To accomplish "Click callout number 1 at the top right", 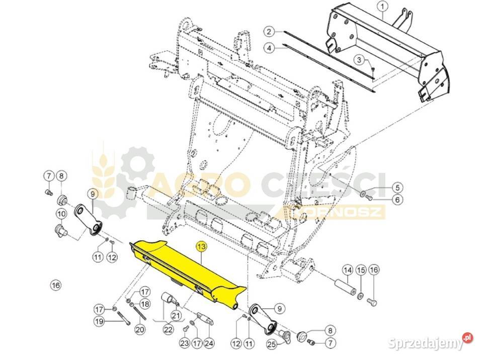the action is (x=382, y=6).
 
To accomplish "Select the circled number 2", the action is (x=269, y=31).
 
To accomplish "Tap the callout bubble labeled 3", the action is (x=359, y=59).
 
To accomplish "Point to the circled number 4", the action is (x=269, y=48).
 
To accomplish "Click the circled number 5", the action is (x=397, y=187).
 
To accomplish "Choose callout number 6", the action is (x=397, y=200).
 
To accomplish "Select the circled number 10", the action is (x=61, y=213).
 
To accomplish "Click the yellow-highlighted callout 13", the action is (x=202, y=247).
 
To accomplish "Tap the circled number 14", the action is (x=348, y=271).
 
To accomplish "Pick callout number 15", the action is (x=361, y=271).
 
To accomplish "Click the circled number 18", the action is (x=145, y=304).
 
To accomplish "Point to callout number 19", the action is (x=99, y=321).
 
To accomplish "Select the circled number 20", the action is (x=140, y=329).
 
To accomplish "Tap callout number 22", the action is (x=168, y=329).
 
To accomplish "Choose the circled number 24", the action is (x=209, y=343).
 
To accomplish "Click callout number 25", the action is (x=271, y=344).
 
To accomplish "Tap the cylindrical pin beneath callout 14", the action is (x=345, y=287).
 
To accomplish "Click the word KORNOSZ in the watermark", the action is (x=338, y=212).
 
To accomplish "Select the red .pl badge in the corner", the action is (x=467, y=337).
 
